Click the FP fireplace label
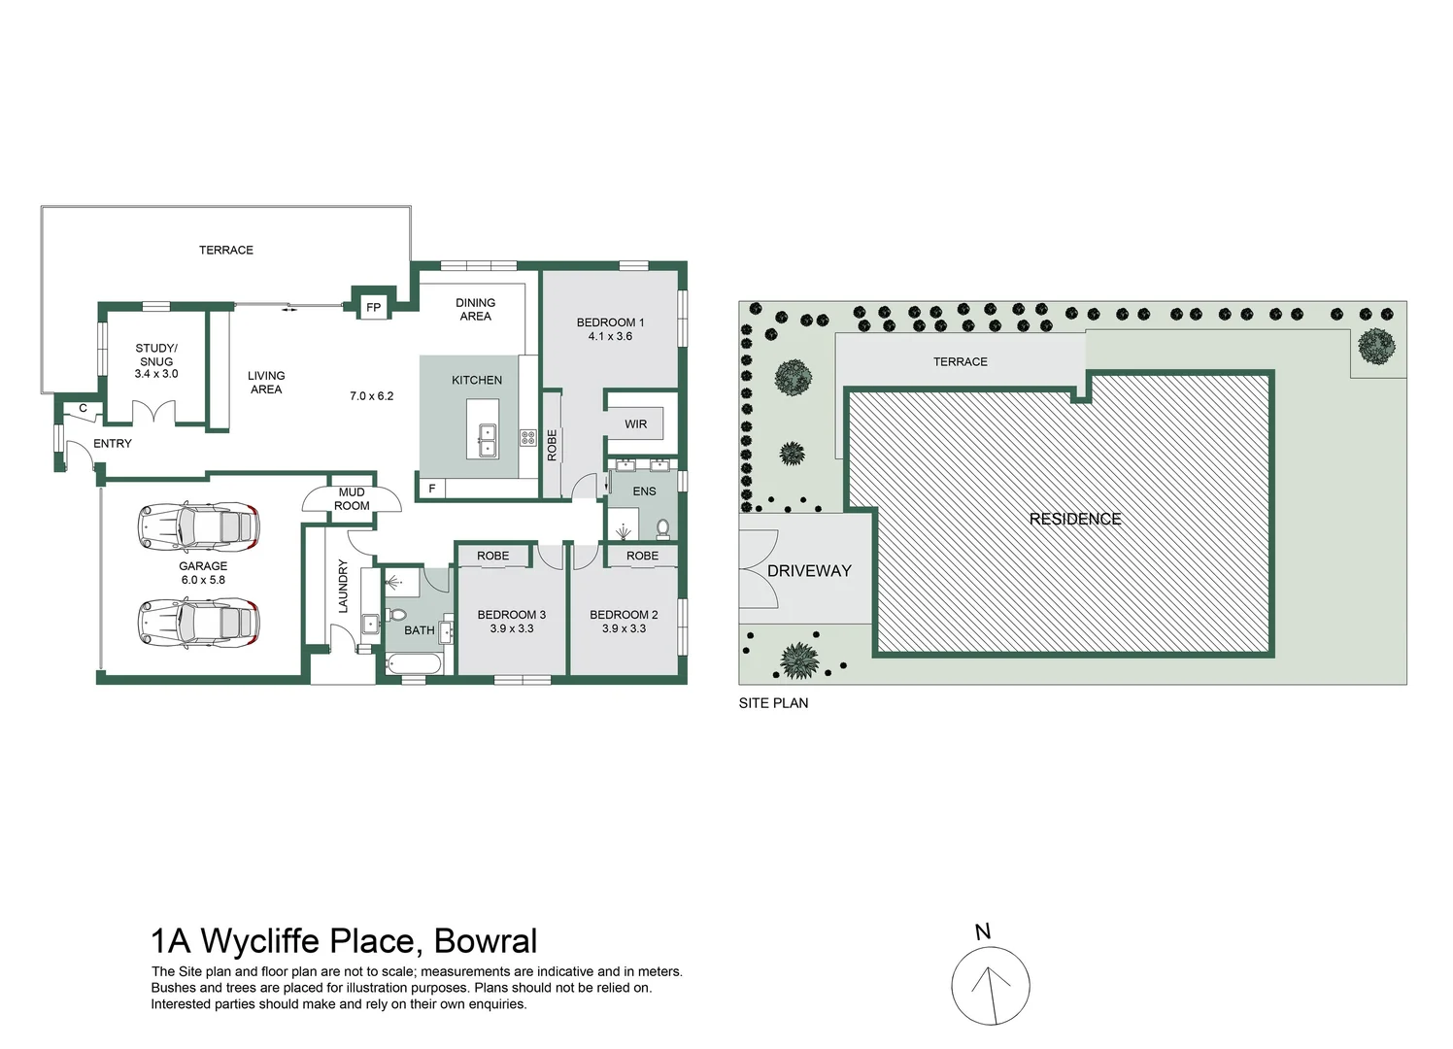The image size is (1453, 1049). tap(373, 308)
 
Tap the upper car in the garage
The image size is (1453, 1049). tap(199, 526)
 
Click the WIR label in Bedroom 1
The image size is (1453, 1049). tap(636, 424)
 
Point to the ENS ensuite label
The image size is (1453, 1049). tap(644, 491)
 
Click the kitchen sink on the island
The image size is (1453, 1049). tap(486, 440)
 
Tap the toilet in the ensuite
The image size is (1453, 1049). tap(663, 528)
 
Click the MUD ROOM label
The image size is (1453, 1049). tap(352, 499)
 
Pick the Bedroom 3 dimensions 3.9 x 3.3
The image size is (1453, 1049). tap(512, 628)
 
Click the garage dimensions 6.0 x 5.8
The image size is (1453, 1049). tap(203, 580)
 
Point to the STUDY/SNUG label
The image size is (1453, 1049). tap(156, 355)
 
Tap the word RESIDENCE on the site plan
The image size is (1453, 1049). tap(1075, 519)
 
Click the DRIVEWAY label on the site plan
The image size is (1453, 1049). tap(809, 571)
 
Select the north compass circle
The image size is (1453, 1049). tap(990, 986)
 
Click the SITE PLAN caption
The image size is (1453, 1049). tap(773, 703)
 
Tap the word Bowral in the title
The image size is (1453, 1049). tap(486, 941)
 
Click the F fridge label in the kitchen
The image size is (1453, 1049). tap(432, 489)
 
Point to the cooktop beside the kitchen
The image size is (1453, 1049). tap(528, 438)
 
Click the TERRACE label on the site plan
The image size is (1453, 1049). tap(960, 362)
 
